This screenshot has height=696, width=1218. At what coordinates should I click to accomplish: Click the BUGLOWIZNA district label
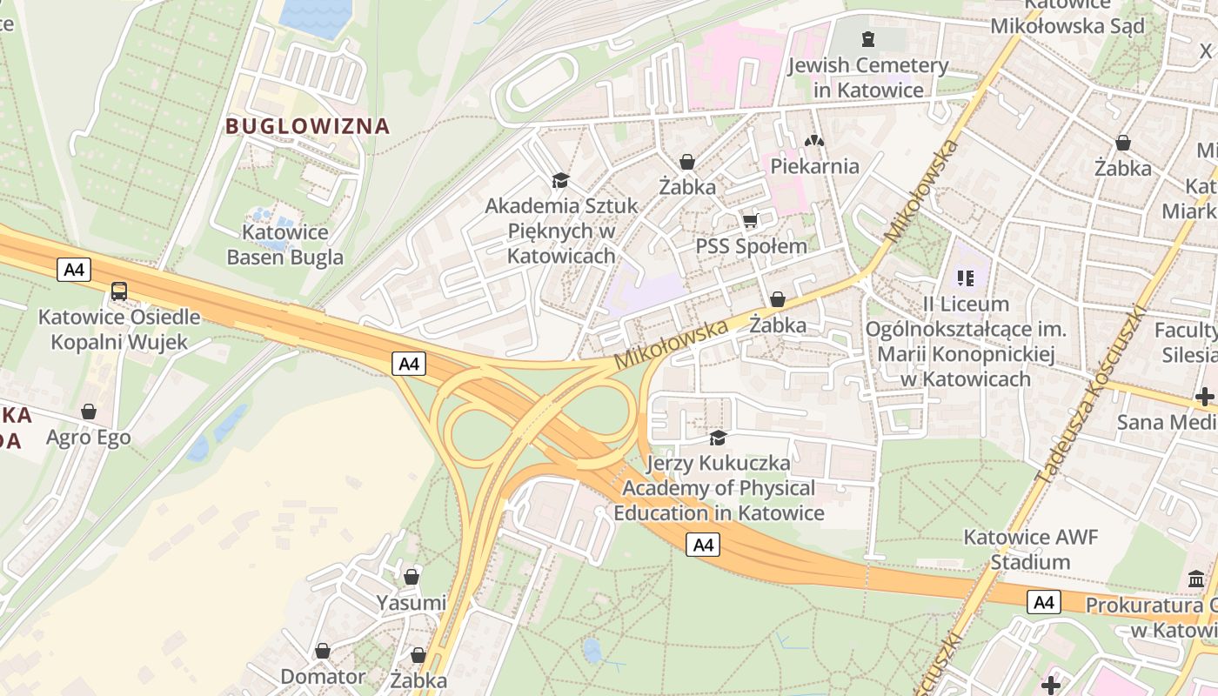pyautogui.click(x=307, y=126)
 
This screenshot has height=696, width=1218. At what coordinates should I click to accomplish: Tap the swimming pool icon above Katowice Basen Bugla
pyautogui.click(x=262, y=213)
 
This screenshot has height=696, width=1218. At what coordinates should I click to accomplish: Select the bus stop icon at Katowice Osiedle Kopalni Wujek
pyautogui.click(x=119, y=291)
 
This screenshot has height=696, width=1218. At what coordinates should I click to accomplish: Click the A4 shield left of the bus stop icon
pyautogui.click(x=75, y=270)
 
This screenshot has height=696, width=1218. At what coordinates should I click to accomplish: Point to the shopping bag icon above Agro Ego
pyautogui.click(x=88, y=412)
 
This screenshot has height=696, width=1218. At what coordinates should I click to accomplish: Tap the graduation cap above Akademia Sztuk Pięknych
pyautogui.click(x=560, y=180)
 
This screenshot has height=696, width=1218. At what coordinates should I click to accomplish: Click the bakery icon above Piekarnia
pyautogui.click(x=813, y=140)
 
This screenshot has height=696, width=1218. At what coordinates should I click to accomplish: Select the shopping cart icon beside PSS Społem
pyautogui.click(x=750, y=221)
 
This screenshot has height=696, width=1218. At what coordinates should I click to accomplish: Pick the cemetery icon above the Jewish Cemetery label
pyautogui.click(x=867, y=39)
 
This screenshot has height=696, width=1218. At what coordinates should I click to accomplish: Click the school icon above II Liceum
pyautogui.click(x=966, y=278)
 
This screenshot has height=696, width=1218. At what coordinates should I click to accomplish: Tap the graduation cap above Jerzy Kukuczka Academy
pyautogui.click(x=718, y=438)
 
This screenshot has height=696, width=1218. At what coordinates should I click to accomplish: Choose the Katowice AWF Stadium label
pyautogui.click(x=1030, y=549)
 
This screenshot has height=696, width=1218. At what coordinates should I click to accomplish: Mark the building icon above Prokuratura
pyautogui.click(x=1196, y=579)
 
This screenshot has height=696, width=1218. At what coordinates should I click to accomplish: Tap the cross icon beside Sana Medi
pyautogui.click(x=1205, y=397)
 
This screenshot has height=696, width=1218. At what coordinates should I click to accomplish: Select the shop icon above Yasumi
pyautogui.click(x=412, y=577)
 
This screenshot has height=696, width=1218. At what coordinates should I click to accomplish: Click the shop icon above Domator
pyautogui.click(x=323, y=651)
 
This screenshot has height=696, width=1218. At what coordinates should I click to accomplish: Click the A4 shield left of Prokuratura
pyautogui.click(x=1044, y=602)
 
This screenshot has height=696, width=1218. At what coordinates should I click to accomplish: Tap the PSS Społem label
pyautogui.click(x=752, y=246)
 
